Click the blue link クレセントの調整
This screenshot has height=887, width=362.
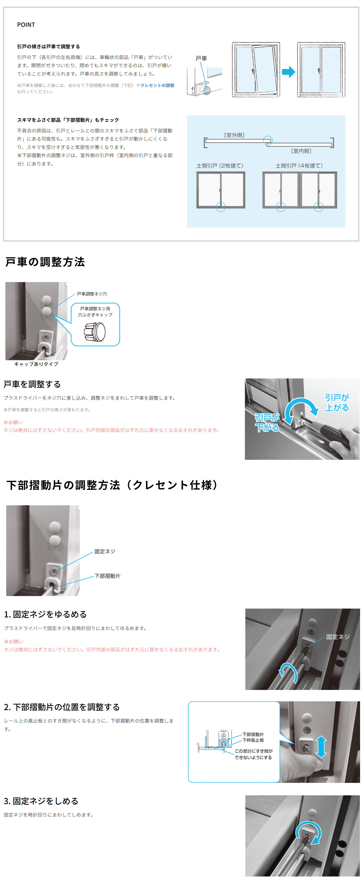click(x=157, y=85)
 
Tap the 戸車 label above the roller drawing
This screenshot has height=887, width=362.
click(x=201, y=59)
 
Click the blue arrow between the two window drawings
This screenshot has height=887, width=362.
click(x=288, y=72)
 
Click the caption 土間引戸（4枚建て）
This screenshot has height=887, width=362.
click(x=299, y=166)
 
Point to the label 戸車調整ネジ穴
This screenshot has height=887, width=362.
click(x=92, y=294)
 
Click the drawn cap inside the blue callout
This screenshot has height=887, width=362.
click(x=95, y=332)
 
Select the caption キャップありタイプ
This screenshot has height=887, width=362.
click(x=36, y=364)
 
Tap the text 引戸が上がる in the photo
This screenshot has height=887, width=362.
click(x=337, y=402)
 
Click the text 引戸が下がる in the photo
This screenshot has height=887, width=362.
click(x=267, y=422)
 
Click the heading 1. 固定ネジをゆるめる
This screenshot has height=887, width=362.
click(x=45, y=614)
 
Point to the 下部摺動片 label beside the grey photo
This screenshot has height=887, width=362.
click(x=107, y=576)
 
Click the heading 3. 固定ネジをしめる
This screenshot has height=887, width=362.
click(x=41, y=801)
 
